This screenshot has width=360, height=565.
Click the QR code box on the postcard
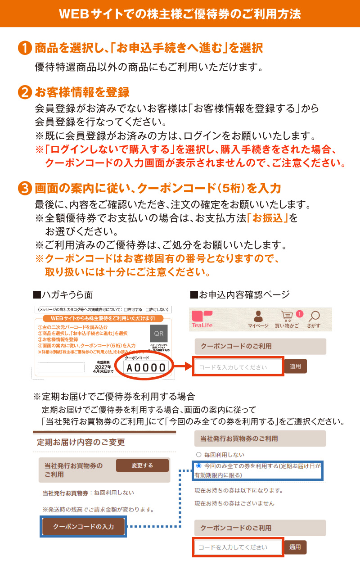coord(159,334)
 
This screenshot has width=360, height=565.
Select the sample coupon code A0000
coord(146,368)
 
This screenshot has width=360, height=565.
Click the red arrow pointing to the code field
coord(183,368)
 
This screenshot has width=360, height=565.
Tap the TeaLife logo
coord(201,319)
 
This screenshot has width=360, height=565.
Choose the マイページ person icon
coord(258,316)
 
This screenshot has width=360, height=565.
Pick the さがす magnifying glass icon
coord(315,316)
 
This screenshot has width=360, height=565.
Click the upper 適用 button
coord(295,366)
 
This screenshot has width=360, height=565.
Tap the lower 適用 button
coord(295,547)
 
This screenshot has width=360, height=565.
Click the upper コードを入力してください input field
coord(238,367)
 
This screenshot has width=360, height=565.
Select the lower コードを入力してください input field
coord(238,547)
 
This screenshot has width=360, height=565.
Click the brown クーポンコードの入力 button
coord(84,526)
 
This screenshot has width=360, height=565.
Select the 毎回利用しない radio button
coord(198,455)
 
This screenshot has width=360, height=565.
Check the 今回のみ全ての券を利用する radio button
coord(198,466)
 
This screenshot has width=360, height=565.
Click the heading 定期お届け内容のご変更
coord(81,443)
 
